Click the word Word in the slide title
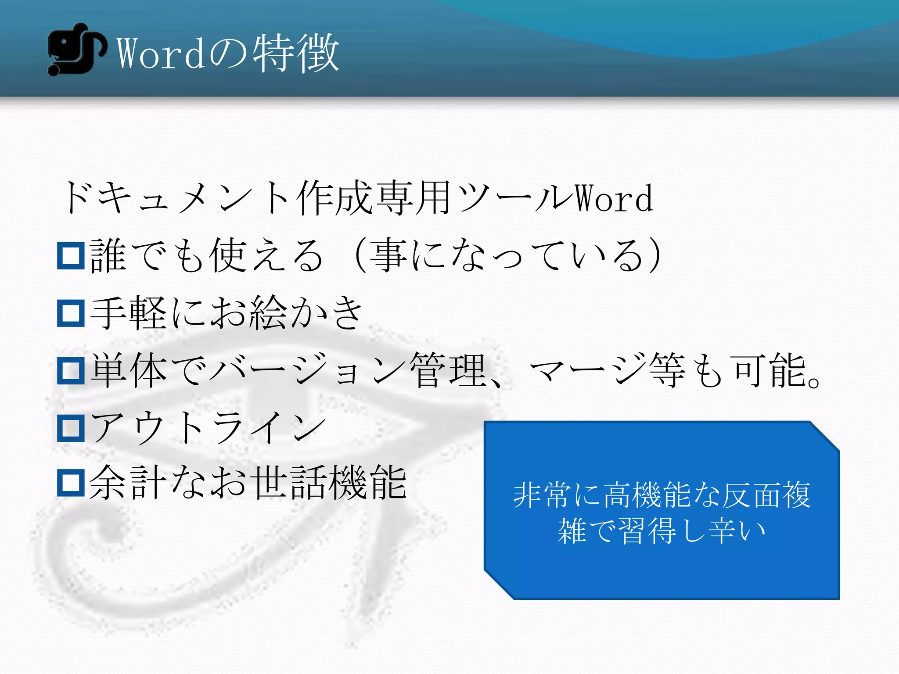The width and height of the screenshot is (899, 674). [x=160, y=54]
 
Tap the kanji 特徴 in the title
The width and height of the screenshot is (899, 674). [x=296, y=54]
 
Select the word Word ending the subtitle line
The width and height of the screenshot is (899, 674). [x=614, y=199]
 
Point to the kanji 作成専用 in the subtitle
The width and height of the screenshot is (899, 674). [x=373, y=199]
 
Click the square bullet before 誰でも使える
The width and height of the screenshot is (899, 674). [x=71, y=256]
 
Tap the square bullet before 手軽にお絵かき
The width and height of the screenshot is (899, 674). [x=71, y=313]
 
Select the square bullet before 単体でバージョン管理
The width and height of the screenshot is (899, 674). [x=71, y=371]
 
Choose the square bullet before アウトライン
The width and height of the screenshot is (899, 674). [x=71, y=428]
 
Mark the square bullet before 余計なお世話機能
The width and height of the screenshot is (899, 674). [x=71, y=483]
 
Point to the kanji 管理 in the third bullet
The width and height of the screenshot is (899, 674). [x=448, y=371]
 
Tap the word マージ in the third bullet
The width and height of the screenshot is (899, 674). [x=588, y=371]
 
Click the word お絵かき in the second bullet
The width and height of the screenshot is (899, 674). [x=285, y=313]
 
